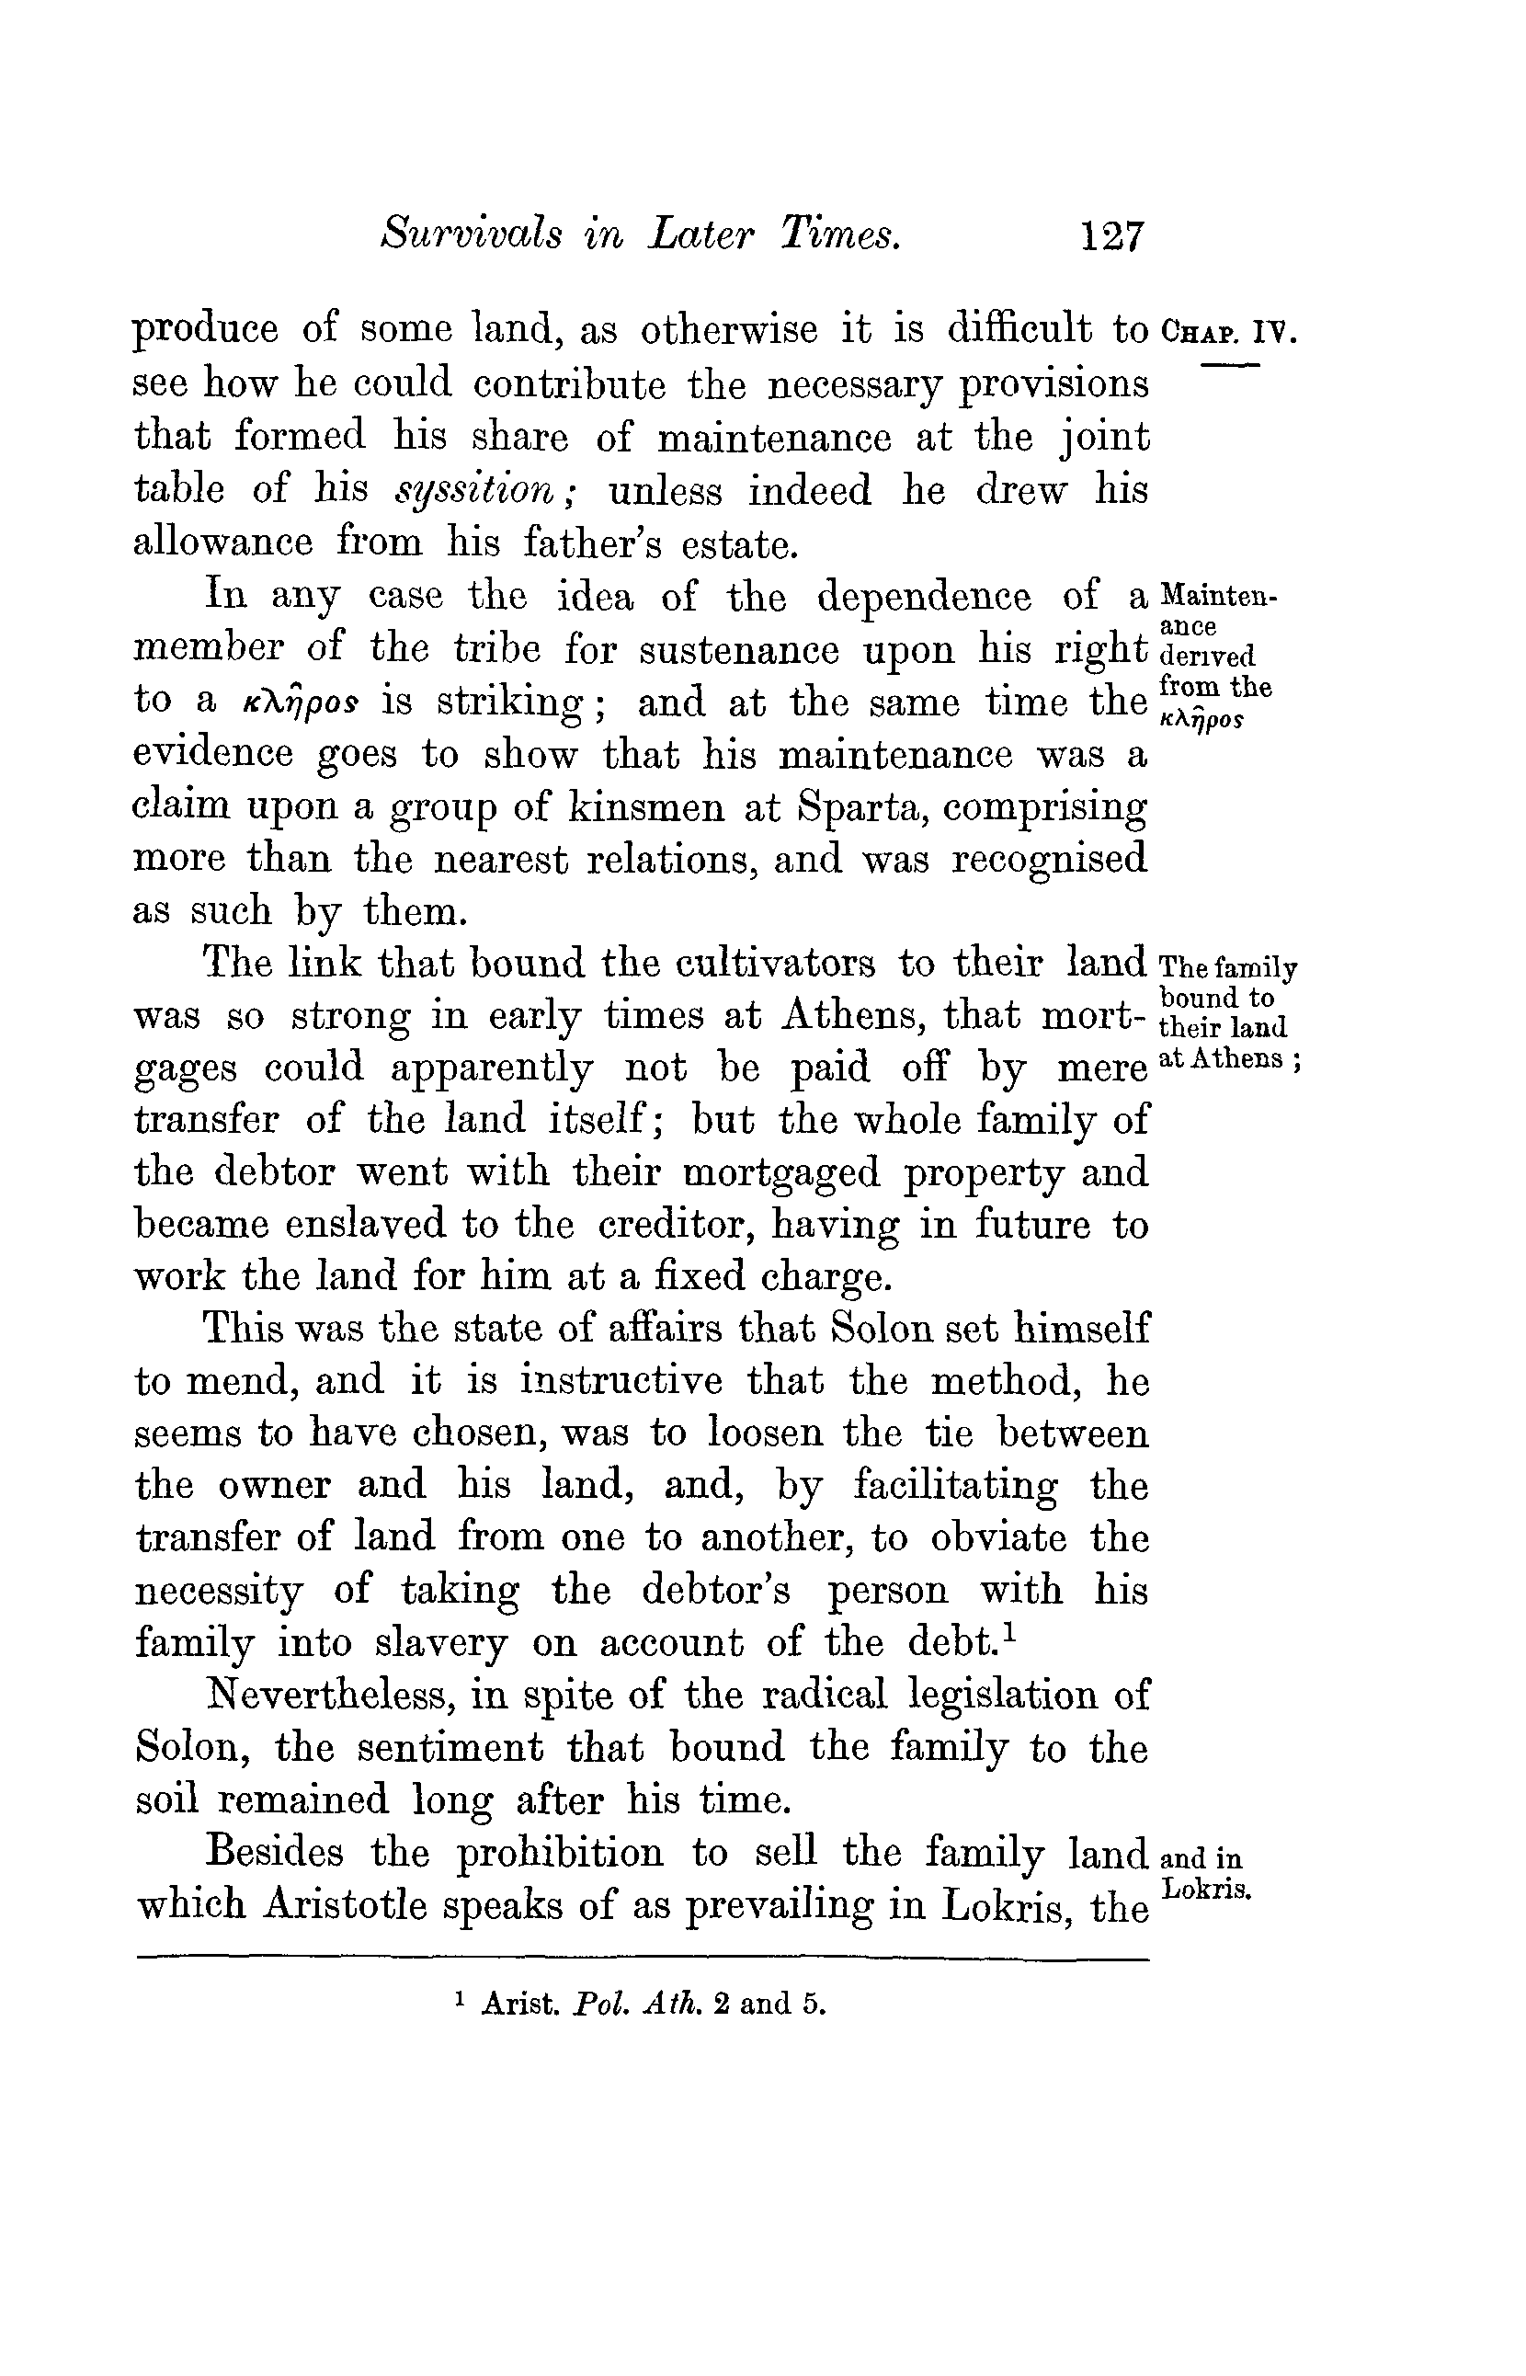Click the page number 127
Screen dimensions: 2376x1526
pos(1113,237)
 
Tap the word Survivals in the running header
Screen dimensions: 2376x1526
pos(471,234)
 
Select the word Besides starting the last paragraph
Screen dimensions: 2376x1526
pos(274,1852)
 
